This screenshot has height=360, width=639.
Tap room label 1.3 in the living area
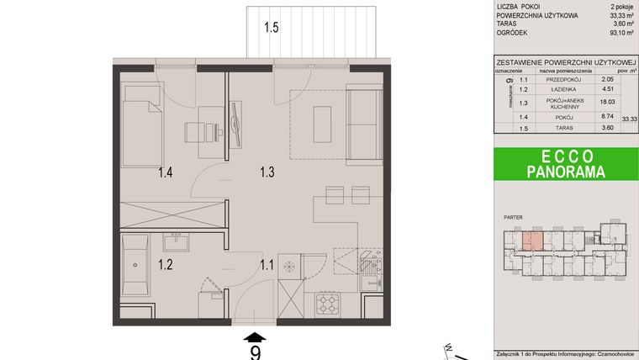pos(267,174)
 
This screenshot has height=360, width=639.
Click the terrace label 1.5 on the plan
pos(271,28)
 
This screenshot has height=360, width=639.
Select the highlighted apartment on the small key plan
pos(531,241)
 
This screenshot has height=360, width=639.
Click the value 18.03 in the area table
pos(605,103)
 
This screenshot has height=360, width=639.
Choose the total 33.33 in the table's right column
pos(628,120)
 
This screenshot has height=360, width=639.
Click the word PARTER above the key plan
pos(513,218)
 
